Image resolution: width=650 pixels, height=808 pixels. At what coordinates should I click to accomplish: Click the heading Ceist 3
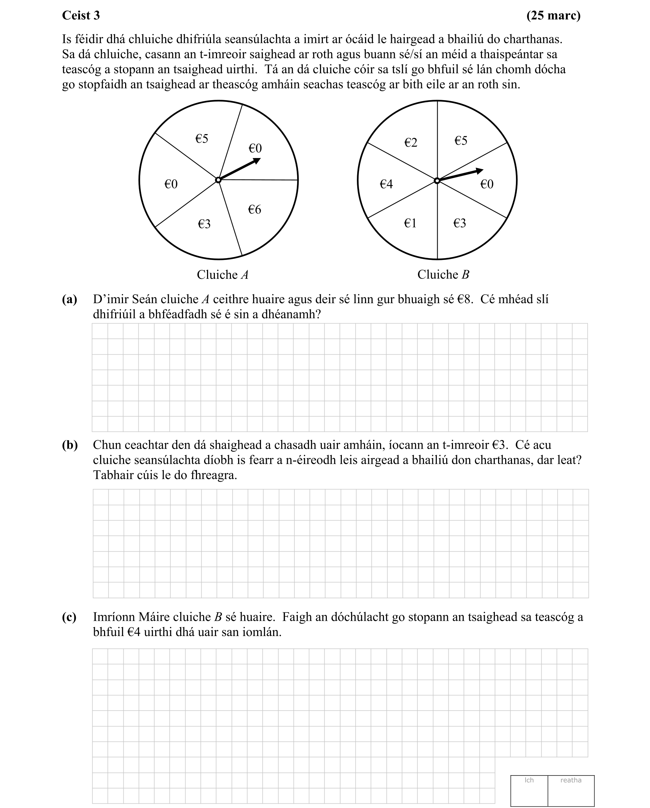81,15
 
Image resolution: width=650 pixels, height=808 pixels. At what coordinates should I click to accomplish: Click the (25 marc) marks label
553,15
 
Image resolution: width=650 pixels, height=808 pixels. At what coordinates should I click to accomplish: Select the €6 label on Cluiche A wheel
255,210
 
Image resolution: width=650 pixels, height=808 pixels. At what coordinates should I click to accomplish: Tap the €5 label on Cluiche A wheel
202,139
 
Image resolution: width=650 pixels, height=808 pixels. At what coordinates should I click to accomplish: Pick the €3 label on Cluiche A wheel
204,224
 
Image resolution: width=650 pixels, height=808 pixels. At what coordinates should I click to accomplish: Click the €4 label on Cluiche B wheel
386,184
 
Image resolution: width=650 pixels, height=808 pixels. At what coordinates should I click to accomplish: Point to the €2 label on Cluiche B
411,142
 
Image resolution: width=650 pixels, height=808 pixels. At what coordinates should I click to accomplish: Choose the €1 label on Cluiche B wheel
410,223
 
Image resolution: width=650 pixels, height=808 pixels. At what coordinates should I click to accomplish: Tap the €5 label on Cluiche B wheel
461,141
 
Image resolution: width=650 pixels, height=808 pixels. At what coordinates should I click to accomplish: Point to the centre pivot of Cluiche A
218,180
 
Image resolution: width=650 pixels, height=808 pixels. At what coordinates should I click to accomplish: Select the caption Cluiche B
443,275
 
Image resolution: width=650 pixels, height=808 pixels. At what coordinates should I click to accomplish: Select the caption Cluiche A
223,275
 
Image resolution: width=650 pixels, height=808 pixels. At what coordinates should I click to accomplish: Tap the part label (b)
70,445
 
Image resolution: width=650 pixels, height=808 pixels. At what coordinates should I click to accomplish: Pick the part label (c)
69,617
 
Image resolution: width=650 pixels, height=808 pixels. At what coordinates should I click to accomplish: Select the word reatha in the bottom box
571,780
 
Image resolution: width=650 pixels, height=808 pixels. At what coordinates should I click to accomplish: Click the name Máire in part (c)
154,617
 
